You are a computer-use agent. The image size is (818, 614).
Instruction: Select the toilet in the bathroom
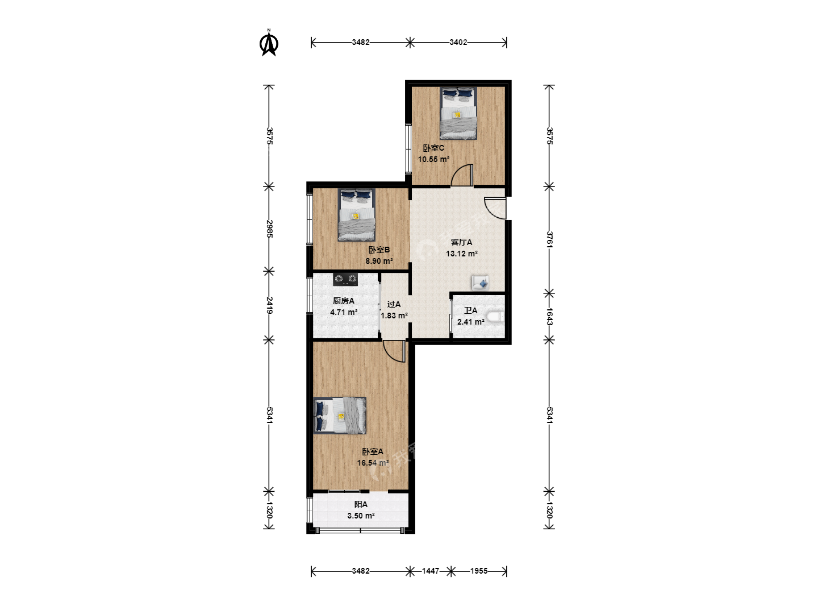tap(496, 317)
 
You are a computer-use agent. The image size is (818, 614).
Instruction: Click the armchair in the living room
tap(480, 283)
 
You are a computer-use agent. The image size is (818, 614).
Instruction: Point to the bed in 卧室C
tap(458, 113)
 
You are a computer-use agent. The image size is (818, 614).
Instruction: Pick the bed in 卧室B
tap(357, 215)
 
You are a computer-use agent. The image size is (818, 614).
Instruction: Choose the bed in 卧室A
tap(340, 415)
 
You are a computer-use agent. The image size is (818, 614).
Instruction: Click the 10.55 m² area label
tap(433, 160)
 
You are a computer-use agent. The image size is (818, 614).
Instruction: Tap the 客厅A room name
tap(461, 242)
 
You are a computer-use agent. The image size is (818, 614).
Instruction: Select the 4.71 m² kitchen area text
tap(344, 312)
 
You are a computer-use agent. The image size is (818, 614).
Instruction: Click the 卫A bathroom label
tap(470, 310)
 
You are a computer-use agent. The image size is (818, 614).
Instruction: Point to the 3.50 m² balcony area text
tap(361, 516)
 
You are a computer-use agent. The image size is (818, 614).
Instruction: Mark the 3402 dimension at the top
tap(458, 43)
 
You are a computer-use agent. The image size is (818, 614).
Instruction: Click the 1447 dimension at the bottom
tap(431, 571)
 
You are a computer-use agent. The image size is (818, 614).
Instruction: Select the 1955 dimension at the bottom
tap(478, 571)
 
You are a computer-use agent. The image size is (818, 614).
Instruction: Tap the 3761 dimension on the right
tap(549, 239)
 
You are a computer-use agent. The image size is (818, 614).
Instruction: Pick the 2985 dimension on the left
tap(269, 229)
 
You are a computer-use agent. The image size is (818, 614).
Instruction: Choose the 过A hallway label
tap(394, 305)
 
